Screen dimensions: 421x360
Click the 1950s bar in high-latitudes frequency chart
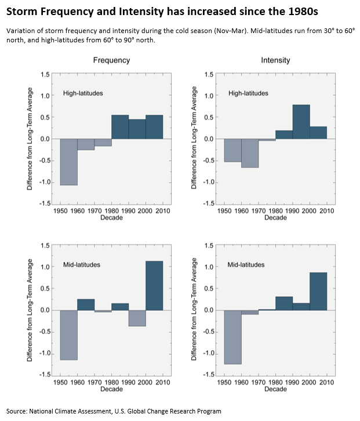[68, 162]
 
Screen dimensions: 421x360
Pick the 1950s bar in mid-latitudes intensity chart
[232, 337]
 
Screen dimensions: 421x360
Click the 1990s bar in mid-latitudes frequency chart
[137, 318]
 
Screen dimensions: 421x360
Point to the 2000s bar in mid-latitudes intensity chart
[318, 291]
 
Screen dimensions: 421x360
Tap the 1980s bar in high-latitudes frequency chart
[120, 127]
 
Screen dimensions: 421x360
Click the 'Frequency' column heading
[111, 60]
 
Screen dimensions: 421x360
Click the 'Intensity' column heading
[275, 60]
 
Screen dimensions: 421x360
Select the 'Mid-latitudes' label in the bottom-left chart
[82, 265]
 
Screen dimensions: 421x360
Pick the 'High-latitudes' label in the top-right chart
[249, 93]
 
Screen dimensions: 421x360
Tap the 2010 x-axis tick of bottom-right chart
[326, 383]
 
